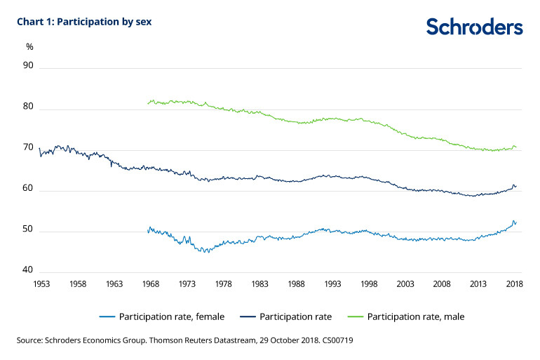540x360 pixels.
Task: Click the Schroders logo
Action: pyautogui.click(x=474, y=27)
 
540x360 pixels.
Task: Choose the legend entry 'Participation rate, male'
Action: pyautogui.click(x=417, y=316)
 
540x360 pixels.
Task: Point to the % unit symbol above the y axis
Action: pyautogui.click(x=29, y=47)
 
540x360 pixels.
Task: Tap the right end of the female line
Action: pyautogui.click(x=516, y=222)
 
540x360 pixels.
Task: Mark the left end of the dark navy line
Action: pyautogui.click(x=39, y=149)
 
